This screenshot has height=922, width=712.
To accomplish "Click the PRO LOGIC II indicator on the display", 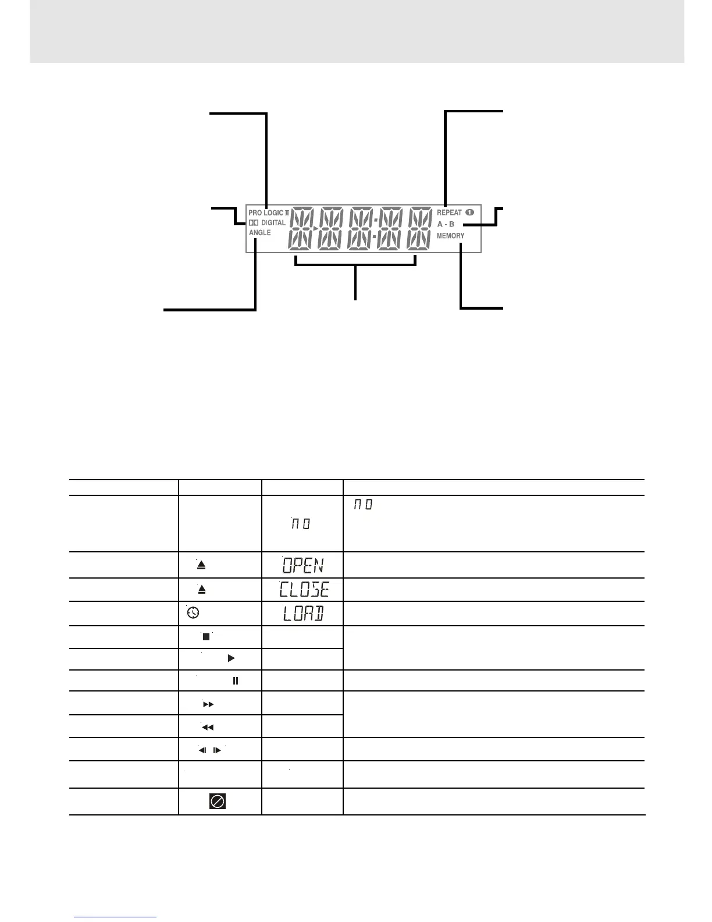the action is coord(269,213).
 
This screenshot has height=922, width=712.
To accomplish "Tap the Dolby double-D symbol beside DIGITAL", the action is coord(253,223).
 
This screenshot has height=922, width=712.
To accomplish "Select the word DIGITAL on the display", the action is coord(273,223).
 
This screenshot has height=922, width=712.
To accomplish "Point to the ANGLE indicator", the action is coord(260,233).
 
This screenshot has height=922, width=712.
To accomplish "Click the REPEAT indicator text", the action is coord(449,212).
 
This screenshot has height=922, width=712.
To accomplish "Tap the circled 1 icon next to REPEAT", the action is coord(469,212).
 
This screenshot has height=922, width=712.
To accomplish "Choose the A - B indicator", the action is coord(446,224).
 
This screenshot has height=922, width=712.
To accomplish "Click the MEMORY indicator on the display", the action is coord(450,236).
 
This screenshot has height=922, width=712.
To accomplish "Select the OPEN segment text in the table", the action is coord(302,565).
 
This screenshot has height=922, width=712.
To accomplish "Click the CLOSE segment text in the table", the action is coord(304,590).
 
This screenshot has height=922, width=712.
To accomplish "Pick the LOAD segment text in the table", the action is coord(302,614).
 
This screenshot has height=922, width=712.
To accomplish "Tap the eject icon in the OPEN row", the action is coord(201,565).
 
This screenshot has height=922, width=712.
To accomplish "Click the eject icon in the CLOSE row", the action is coord(202,589).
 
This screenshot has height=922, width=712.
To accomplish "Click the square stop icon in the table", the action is coord(205,637).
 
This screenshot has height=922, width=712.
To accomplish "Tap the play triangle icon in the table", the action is coord(231,658).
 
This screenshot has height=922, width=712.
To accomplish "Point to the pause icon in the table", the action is coord(236,680).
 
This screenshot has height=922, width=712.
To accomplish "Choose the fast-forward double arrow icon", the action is coord(208,704).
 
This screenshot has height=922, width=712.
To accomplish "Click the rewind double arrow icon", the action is coord(207,727).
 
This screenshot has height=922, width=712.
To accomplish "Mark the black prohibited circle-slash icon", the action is coord(217,802).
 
